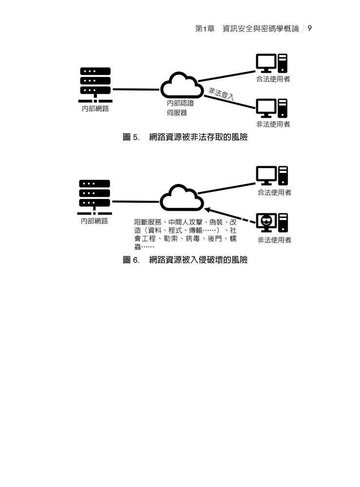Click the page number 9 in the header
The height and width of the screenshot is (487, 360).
point(310,29)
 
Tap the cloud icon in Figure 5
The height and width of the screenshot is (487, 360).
point(182,85)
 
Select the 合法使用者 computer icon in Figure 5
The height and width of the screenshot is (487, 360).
point(272,63)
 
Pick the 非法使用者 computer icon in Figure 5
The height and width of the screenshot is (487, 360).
point(272,108)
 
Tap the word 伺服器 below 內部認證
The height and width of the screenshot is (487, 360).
point(177,113)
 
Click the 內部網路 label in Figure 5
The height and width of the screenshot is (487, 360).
point(95,109)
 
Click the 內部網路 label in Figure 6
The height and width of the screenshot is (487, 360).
point(95,221)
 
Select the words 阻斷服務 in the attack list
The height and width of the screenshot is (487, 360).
point(148,222)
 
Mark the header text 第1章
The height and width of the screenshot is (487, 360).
point(205,29)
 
